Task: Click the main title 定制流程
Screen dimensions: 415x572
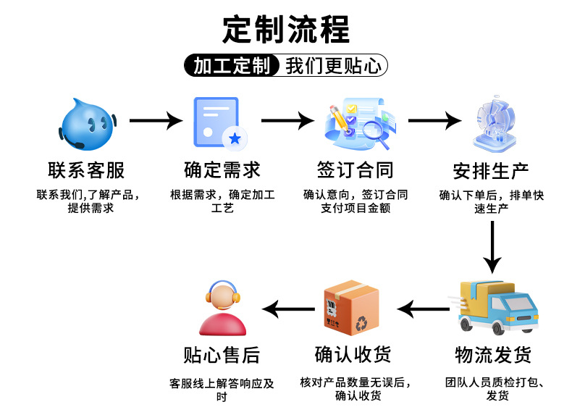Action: point(286,29)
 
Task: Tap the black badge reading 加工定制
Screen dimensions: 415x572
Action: point(231,67)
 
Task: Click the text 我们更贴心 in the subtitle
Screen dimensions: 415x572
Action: point(333,67)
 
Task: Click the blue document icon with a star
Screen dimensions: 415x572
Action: point(217,122)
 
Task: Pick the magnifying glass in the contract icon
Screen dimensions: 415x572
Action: point(375,130)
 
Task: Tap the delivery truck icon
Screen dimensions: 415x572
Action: point(497,308)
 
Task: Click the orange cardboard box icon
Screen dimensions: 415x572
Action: point(350,307)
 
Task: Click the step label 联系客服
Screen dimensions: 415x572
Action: point(86,170)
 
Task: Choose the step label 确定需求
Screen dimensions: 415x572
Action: point(222,170)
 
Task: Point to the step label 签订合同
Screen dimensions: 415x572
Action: point(355,170)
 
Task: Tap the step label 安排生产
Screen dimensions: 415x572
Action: point(490,172)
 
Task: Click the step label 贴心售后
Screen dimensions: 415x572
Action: point(221,355)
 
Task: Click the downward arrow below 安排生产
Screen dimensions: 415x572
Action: point(492,246)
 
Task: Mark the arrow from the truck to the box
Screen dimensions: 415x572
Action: point(424,310)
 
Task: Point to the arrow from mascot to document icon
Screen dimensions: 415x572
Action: point(155,120)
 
